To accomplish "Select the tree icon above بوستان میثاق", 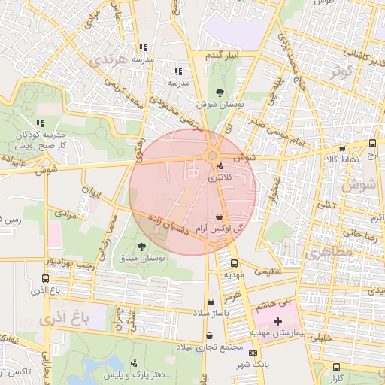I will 142,247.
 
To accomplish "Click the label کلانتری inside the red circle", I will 220,177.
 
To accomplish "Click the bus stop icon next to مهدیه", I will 234,264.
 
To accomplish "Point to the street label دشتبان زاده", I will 167,226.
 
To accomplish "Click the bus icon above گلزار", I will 337,368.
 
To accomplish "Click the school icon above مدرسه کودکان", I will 39,123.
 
